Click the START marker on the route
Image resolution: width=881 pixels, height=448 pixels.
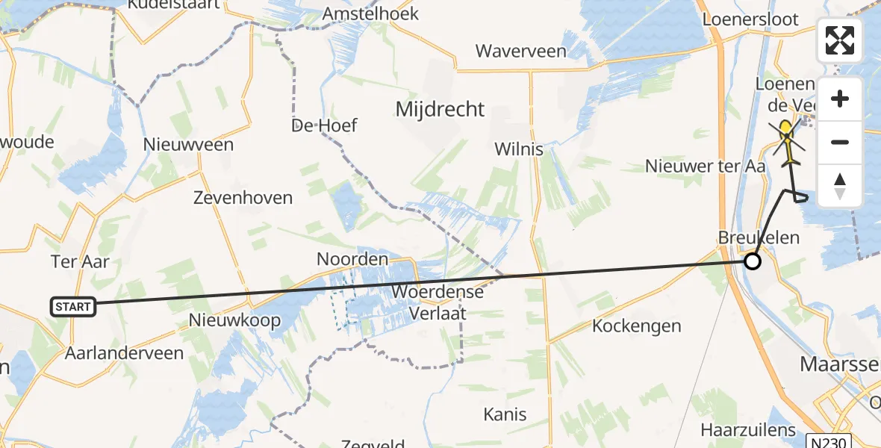tap(73, 306)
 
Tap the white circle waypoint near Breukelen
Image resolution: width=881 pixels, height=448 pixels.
tap(753, 261)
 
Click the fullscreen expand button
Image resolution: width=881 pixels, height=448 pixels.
tap(840, 40)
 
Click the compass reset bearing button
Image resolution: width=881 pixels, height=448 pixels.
tap(840, 186)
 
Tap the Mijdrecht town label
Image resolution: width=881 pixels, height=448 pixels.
tap(440, 110)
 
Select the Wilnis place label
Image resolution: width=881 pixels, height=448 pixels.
tap(519, 149)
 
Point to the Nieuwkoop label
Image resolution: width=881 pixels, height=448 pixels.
tap(235, 321)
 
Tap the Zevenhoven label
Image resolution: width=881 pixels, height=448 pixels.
tap(243, 198)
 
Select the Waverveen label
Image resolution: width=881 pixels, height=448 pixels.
tap(521, 52)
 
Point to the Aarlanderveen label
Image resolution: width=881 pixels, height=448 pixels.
tap(124, 353)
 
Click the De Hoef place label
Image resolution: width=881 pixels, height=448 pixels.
tap(325, 125)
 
